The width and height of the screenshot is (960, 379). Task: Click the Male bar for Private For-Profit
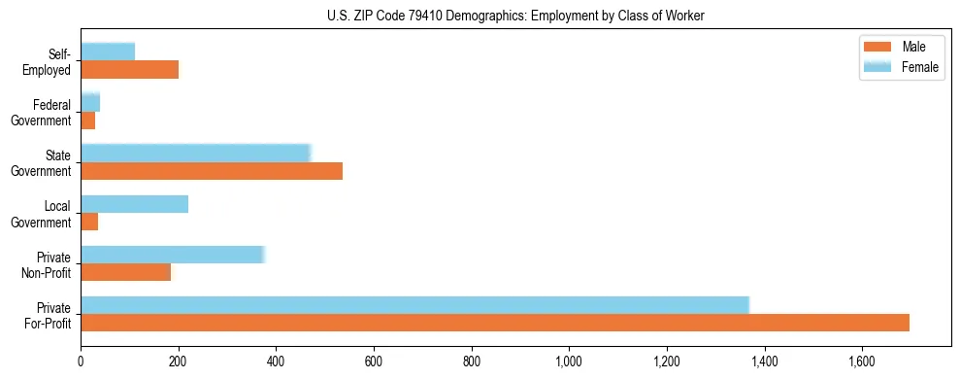(x=495, y=323)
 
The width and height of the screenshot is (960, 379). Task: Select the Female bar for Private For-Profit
(x=414, y=305)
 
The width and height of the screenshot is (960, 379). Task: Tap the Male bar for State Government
(x=212, y=171)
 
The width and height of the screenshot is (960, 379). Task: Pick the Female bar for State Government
(x=195, y=154)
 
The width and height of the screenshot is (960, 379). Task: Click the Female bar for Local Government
(x=134, y=204)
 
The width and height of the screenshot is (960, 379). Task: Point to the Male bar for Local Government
(x=89, y=222)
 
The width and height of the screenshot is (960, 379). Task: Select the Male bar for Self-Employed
(x=129, y=70)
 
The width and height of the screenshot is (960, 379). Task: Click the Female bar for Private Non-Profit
(x=173, y=255)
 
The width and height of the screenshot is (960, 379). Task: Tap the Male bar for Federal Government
(x=87, y=121)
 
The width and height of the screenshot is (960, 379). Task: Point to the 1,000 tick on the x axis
(x=569, y=362)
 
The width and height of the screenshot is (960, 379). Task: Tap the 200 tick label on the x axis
(x=179, y=362)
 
